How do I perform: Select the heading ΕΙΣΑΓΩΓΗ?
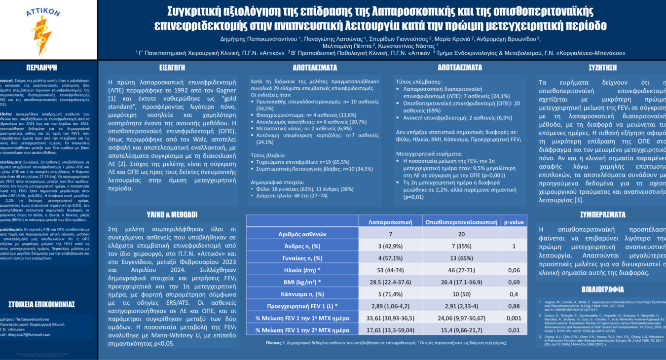pyautogui.click(x=172, y=67)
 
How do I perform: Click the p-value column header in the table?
pyautogui.click(x=514, y=222)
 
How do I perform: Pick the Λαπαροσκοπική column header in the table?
pyautogui.click(x=390, y=222)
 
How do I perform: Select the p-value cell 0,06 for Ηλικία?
pyautogui.click(x=514, y=270)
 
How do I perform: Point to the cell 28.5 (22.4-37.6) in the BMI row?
pyautogui.click(x=390, y=282)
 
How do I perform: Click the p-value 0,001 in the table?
pyautogui.click(x=514, y=318)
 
